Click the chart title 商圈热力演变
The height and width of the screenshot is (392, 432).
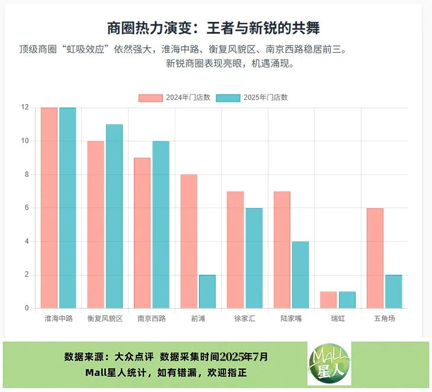pyautogui.click(x=217, y=28)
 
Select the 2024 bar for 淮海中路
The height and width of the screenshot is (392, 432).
pyautogui.click(x=49, y=208)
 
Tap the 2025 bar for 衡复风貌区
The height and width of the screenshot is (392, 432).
pyautogui.click(x=114, y=216)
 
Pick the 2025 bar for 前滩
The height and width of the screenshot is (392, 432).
pyautogui.click(x=207, y=291)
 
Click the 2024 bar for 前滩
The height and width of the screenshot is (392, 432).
pyautogui.click(x=189, y=241)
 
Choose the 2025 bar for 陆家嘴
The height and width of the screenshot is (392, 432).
pyautogui.click(x=300, y=274)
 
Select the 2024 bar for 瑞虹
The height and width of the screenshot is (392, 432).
pyautogui.click(x=328, y=300)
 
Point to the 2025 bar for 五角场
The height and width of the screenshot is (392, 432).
pyautogui.click(x=393, y=291)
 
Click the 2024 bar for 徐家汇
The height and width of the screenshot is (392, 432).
pyautogui.click(x=235, y=250)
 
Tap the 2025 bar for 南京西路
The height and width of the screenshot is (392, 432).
pyautogui.click(x=161, y=225)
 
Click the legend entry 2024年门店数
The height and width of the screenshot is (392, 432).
pyautogui.click(x=175, y=98)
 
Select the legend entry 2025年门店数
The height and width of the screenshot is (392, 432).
pyautogui.click(x=252, y=98)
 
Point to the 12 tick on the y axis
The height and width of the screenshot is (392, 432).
pyautogui.click(x=25, y=107)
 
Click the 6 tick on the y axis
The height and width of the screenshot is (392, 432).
pyautogui.click(x=27, y=208)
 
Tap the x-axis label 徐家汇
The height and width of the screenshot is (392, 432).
pyautogui.click(x=245, y=318)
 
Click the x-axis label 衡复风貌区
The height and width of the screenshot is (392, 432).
pyautogui.click(x=105, y=318)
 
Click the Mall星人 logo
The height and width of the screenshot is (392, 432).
pyautogui.click(x=329, y=364)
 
